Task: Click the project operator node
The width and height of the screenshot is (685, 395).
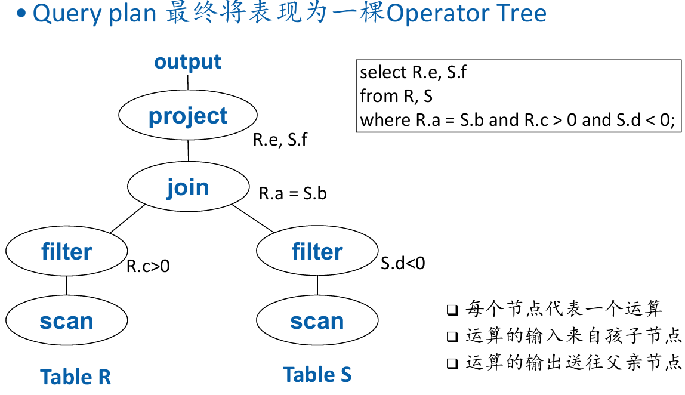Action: pyautogui.click(x=188, y=115)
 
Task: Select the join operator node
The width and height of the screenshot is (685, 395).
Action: pyautogui.click(x=189, y=187)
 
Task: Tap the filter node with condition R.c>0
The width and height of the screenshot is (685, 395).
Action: pyautogui.click(x=67, y=251)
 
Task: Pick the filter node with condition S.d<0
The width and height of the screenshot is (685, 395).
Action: pyautogui.click(x=317, y=251)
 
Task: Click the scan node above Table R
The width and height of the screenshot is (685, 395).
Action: pyautogui.click(x=67, y=320)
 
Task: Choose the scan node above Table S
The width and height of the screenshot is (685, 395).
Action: pyautogui.click(x=317, y=320)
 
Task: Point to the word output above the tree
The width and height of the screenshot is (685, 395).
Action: pyautogui.click(x=188, y=62)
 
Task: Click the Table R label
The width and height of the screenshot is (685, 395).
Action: pyautogui.click(x=76, y=377)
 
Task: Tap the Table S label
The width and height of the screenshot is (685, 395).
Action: pyautogui.click(x=317, y=375)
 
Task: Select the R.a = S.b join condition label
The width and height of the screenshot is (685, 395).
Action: pyautogui.click(x=293, y=193)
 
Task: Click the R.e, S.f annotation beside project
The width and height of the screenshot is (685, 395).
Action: pyautogui.click(x=280, y=140)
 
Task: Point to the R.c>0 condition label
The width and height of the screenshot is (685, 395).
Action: pyautogui.click(x=148, y=266)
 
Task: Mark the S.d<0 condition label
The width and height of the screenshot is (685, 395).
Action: pyautogui.click(x=403, y=263)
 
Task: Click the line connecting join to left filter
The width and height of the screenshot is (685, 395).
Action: pyautogui.click(x=128, y=218)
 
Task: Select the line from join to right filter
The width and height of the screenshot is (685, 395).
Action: pyautogui.click(x=253, y=218)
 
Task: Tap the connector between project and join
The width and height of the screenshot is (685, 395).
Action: pyautogui.click(x=189, y=151)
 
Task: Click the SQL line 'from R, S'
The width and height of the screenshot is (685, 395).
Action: pyautogui.click(x=396, y=96)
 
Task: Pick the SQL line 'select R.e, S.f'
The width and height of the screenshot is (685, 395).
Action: pyautogui.click(x=414, y=73)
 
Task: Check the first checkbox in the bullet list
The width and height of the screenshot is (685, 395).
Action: pyautogui.click(x=452, y=310)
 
